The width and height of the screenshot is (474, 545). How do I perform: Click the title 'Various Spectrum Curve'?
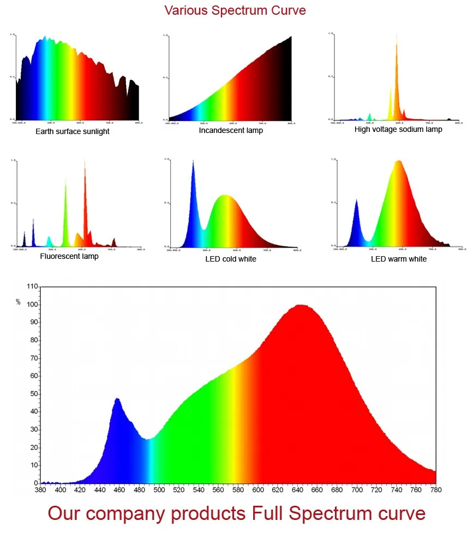235,10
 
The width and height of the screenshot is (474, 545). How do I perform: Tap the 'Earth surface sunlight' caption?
73,131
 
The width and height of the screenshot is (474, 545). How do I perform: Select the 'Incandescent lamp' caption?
231,130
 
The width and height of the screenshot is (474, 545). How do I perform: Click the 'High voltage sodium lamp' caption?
398,129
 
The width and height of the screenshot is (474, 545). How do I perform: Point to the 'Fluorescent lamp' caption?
69,256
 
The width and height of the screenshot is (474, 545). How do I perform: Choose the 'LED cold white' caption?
231,259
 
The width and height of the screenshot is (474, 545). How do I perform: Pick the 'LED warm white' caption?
399,259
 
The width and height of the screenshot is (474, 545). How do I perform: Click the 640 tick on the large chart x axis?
297,490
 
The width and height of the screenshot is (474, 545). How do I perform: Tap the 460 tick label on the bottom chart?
120,490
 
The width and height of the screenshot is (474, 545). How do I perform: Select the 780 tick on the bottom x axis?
435,490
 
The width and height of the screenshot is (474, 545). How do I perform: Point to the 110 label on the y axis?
32,287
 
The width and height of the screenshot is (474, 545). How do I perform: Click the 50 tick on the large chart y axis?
34,393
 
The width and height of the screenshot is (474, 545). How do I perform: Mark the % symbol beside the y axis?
18,301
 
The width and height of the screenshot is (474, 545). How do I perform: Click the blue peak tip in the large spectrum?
117,399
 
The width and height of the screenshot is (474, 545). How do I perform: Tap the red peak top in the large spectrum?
299,306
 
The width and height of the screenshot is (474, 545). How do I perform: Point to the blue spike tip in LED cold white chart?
193,161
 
